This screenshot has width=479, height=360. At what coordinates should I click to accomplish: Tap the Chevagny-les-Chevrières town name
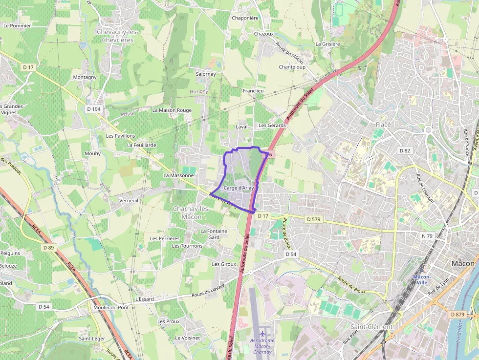[x=118, y=36]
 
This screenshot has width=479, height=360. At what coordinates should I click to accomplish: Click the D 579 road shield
[x=313, y=220]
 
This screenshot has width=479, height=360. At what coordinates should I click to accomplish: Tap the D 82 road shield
[x=404, y=150]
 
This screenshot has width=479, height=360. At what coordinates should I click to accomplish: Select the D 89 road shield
[x=48, y=248]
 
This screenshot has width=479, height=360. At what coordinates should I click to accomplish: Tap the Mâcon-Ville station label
[x=421, y=279]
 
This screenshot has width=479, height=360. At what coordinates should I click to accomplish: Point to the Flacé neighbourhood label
[x=383, y=125]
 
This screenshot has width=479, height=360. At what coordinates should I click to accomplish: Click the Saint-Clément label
[x=371, y=326]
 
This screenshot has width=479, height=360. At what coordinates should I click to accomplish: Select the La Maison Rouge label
[x=172, y=110]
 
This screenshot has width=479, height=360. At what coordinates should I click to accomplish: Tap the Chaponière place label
[x=245, y=18]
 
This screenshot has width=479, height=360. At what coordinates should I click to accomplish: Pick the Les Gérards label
[x=272, y=126]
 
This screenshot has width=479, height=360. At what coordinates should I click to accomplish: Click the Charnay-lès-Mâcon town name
[x=191, y=212]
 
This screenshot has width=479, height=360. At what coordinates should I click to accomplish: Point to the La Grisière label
[x=327, y=44]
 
